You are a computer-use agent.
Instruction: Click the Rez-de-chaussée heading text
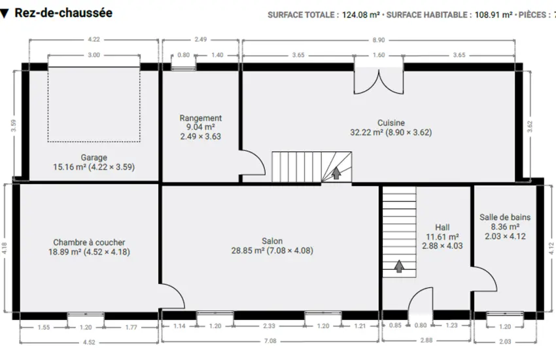[63, 13]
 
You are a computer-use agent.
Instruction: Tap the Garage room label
[94, 157]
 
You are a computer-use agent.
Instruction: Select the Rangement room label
[201, 118]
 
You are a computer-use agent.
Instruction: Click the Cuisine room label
[391, 122]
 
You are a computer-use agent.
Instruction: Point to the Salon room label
[272, 241]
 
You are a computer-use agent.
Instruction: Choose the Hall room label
[442, 227]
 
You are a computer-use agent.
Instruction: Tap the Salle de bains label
[505, 217]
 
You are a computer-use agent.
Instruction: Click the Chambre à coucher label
[89, 242]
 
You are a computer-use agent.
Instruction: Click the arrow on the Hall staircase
[399, 266]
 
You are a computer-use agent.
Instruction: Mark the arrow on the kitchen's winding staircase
[336, 173]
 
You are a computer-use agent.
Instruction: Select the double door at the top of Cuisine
[379, 81]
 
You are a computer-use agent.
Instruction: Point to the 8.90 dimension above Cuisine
[379, 40]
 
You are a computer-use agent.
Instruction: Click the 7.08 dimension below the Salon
[270, 341]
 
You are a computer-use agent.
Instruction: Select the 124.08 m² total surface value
[360, 15]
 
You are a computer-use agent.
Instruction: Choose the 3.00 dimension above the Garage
[94, 55]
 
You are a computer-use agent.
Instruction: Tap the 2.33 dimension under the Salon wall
[269, 326]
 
